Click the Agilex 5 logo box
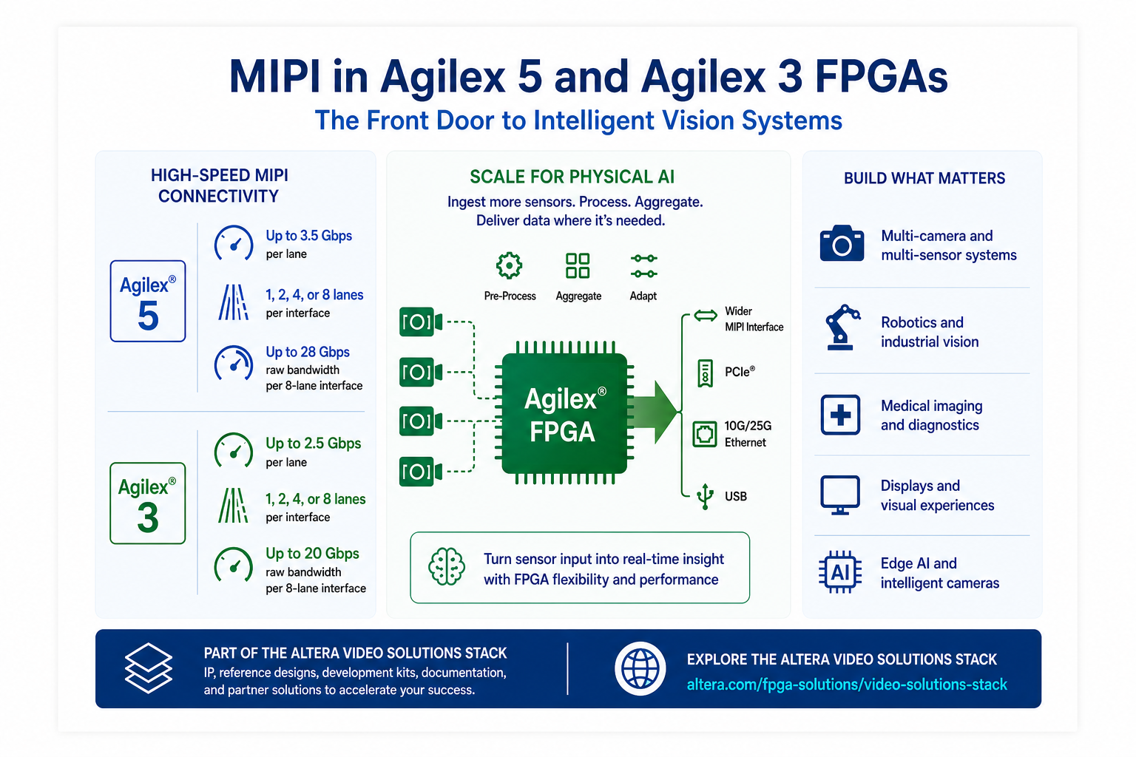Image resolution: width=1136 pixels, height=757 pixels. (148, 301)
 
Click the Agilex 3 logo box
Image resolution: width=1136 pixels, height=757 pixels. (148, 503)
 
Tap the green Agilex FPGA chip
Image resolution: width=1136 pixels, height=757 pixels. (564, 413)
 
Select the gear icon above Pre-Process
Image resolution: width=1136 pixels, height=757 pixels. (509, 265)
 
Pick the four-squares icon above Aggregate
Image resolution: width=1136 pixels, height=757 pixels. (578, 265)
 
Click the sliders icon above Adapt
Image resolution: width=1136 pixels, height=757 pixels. (643, 265)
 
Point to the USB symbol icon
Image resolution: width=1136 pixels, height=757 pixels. (705, 496)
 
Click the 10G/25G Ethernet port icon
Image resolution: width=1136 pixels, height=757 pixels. (705, 434)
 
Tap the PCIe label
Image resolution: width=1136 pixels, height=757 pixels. (740, 372)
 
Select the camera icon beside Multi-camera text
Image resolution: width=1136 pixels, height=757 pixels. (842, 243)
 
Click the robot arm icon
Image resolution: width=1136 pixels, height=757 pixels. (842, 327)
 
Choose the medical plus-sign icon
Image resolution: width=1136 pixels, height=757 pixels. (840, 415)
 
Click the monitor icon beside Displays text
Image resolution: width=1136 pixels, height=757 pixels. (840, 495)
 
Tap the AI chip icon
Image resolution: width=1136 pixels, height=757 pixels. (840, 572)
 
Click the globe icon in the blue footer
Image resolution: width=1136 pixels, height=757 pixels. (640, 668)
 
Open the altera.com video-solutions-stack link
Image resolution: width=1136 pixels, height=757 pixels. (847, 685)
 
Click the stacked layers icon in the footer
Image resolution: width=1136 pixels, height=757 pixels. (149, 668)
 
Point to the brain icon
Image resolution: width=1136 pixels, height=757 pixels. (446, 566)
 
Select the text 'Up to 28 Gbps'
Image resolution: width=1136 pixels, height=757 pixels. (308, 352)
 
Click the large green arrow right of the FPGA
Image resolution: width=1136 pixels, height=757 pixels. (655, 412)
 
